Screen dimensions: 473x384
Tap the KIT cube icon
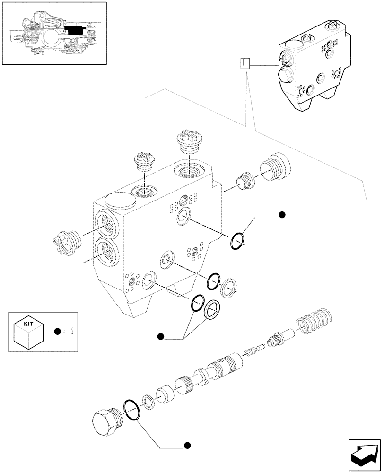[29, 331]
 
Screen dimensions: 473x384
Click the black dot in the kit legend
[57, 332]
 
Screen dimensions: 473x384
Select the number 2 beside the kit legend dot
[71, 332]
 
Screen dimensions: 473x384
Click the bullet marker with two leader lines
[160, 336]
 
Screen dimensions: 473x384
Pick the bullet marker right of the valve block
[282, 215]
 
